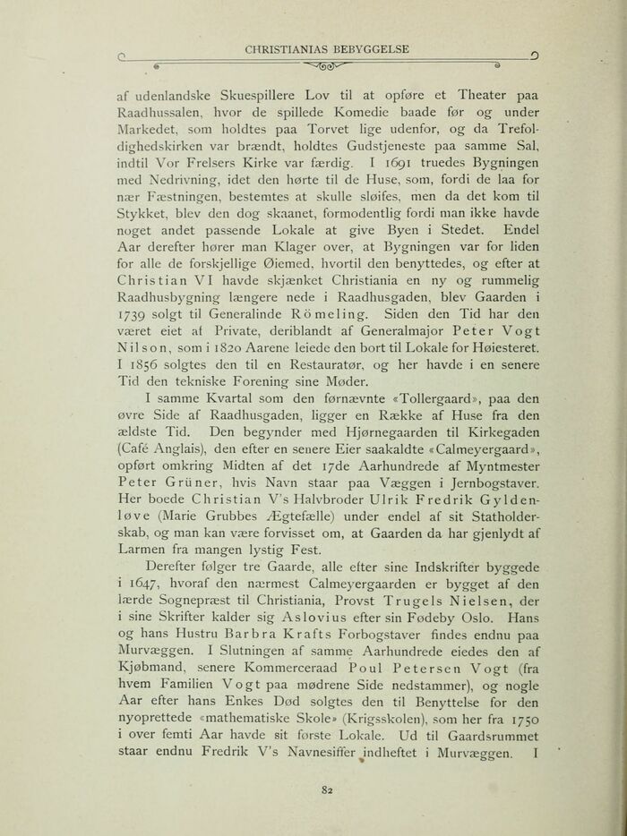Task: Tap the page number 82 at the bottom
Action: (x=313, y=788)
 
